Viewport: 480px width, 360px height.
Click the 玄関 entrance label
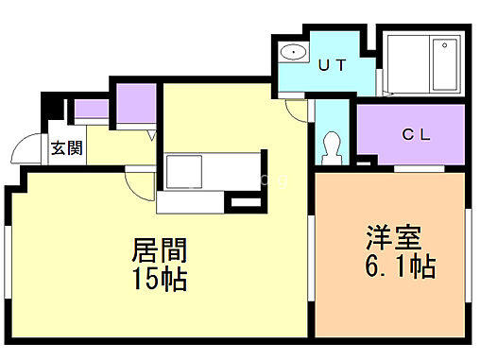[65, 147]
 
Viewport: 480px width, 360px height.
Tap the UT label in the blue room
[330, 65]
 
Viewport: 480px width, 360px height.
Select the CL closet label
[417, 134]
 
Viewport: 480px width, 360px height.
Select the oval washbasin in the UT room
[293, 53]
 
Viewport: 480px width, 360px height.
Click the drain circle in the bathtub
[443, 46]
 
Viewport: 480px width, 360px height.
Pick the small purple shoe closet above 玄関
[91, 109]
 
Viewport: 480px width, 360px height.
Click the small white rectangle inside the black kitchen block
[245, 203]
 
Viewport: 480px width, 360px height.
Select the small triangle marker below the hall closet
[152, 135]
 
